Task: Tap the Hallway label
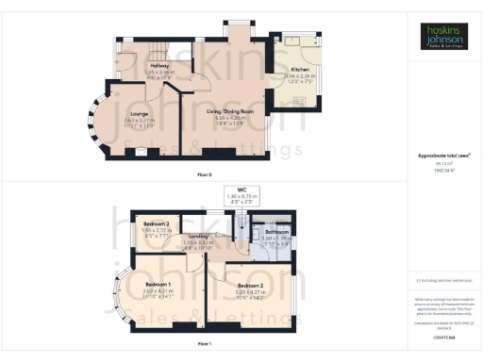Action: coord(132,65)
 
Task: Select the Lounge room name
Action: coord(126,114)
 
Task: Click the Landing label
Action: coord(197,237)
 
